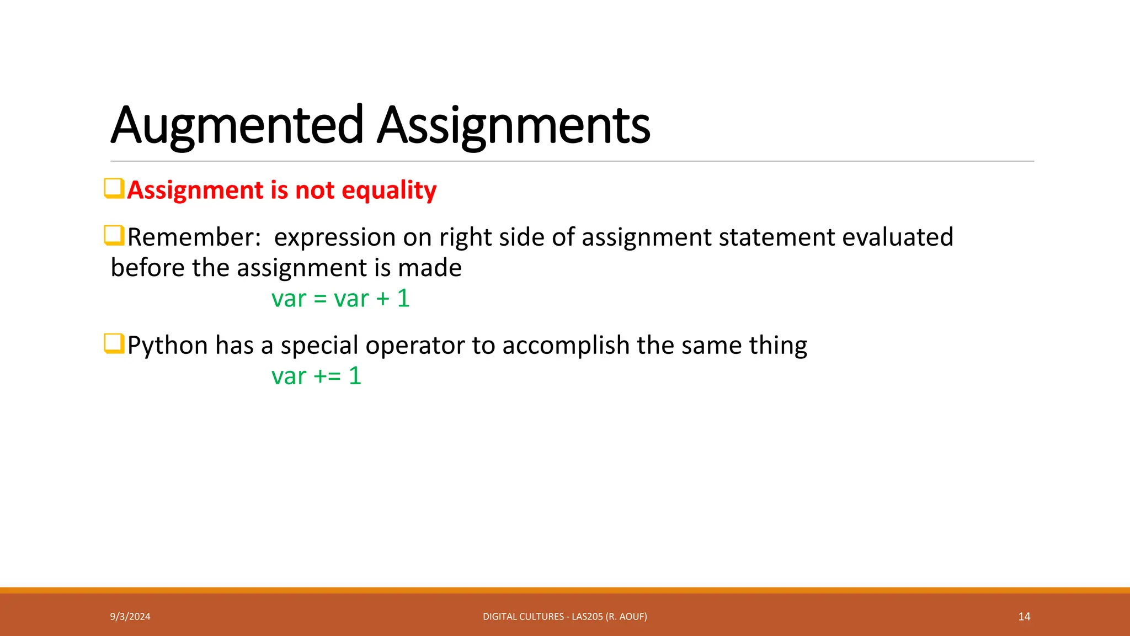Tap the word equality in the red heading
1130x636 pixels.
pos(389,190)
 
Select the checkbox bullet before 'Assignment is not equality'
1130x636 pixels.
pos(114,188)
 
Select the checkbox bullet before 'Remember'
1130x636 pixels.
pos(114,236)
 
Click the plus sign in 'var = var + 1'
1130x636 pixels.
pos(383,299)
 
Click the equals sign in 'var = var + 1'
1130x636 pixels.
pos(320,299)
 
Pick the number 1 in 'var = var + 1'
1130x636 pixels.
pos(403,299)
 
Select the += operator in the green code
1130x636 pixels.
pos(327,377)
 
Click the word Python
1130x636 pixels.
pos(168,346)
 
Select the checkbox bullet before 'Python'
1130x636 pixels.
pos(114,344)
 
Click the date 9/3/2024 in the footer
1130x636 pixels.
pos(130,617)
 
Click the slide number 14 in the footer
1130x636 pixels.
pos(1024,617)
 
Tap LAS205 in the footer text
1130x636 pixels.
pos(587,617)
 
